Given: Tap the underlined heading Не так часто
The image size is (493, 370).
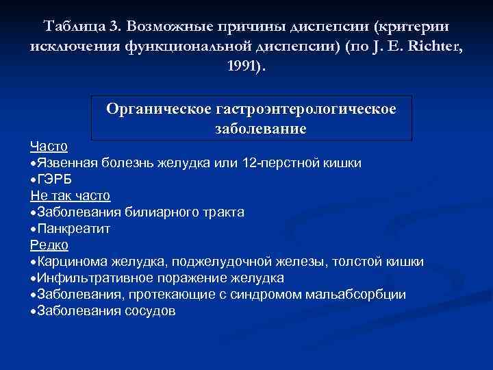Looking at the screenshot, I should (71, 196).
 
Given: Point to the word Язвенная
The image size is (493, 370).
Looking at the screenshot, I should (68, 163).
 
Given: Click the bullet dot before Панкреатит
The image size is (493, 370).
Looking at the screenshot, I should (34, 229).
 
